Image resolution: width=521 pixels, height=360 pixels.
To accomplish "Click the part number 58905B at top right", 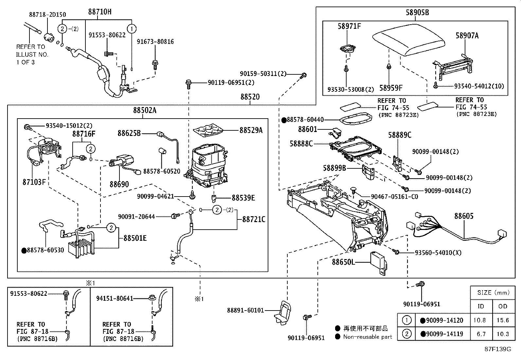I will tap(417, 12).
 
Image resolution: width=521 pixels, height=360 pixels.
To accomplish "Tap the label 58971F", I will tap(349, 26).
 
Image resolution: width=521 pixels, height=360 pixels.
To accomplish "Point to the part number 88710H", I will tap(99, 12).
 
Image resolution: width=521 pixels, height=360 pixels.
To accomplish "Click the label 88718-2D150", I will tap(47, 14).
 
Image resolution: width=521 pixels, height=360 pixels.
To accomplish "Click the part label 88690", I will tap(119, 184).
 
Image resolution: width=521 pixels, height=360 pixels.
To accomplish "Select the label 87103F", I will tap(34, 182).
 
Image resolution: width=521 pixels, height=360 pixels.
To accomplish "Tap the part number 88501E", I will tap(135, 238).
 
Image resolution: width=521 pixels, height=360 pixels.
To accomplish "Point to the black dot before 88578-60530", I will tap(24, 251).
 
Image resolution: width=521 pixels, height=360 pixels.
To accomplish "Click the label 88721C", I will tap(254, 219).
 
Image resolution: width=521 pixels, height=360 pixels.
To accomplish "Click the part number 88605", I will tap(463, 216).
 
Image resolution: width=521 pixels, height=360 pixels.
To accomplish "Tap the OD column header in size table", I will tap(503, 307).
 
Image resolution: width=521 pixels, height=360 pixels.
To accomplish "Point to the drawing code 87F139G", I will tap(498, 349).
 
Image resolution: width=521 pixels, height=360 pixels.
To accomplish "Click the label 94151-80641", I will tap(115, 298).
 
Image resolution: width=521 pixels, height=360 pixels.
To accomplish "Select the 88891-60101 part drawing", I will tap(282, 314).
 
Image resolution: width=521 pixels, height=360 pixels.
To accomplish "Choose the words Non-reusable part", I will tap(367, 337).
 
